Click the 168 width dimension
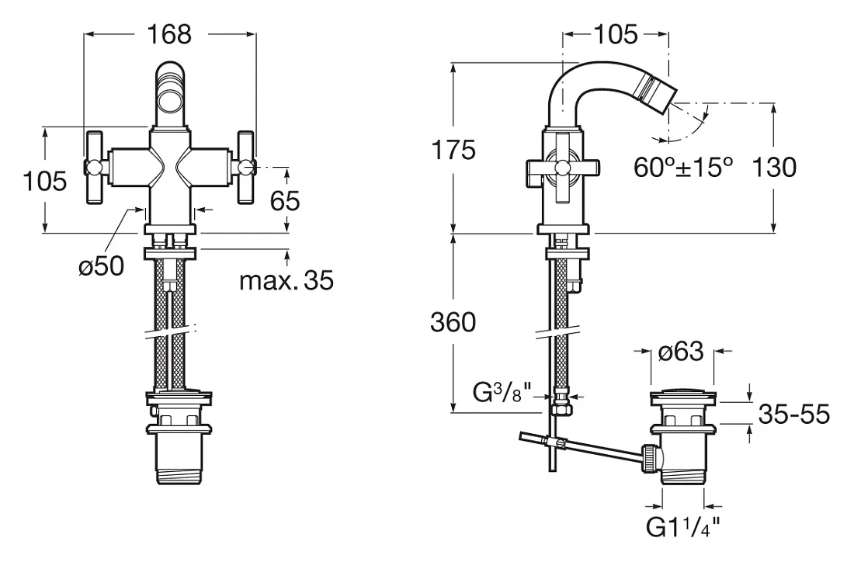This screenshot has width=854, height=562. [169, 34]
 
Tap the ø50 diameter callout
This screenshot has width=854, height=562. [101, 266]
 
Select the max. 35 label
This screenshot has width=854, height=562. [286, 281]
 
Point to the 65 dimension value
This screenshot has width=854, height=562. [285, 201]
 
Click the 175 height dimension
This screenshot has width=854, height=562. [453, 150]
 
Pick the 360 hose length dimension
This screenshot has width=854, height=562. [453, 322]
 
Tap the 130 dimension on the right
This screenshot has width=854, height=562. [774, 167]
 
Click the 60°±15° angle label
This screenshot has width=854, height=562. [683, 167]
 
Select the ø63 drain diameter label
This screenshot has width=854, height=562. [681, 352]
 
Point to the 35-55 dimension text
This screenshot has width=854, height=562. [794, 415]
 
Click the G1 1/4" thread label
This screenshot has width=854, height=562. [683, 527]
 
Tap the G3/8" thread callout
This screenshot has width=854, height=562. [502, 392]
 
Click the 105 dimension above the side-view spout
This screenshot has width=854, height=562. [615, 35]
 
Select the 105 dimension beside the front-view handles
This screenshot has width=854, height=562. [45, 181]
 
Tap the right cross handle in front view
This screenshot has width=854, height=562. [245, 167]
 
